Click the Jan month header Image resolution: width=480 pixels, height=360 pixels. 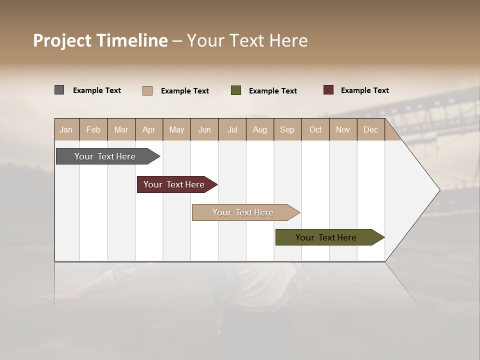[x=66, y=129]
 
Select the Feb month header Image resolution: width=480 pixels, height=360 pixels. [x=93, y=129]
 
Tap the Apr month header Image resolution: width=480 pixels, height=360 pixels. [x=148, y=129]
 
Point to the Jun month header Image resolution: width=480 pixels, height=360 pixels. [x=204, y=129]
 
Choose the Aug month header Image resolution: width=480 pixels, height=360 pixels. [x=260, y=129]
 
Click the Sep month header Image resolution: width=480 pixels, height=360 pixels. [x=287, y=129]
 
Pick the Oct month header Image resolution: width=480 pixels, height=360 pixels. [x=315, y=129]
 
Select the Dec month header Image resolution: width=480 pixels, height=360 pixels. [x=370, y=129]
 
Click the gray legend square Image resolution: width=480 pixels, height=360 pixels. [x=59, y=90]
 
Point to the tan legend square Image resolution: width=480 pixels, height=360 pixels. [x=147, y=90]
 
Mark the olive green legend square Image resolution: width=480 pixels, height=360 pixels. [x=236, y=90]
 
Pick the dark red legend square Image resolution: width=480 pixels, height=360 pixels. [x=328, y=90]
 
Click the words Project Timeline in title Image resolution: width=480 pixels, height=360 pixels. [x=100, y=40]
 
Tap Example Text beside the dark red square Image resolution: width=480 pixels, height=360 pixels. [x=364, y=90]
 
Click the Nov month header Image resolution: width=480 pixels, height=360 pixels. [x=343, y=129]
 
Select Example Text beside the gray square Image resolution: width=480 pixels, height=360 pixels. [x=97, y=90]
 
